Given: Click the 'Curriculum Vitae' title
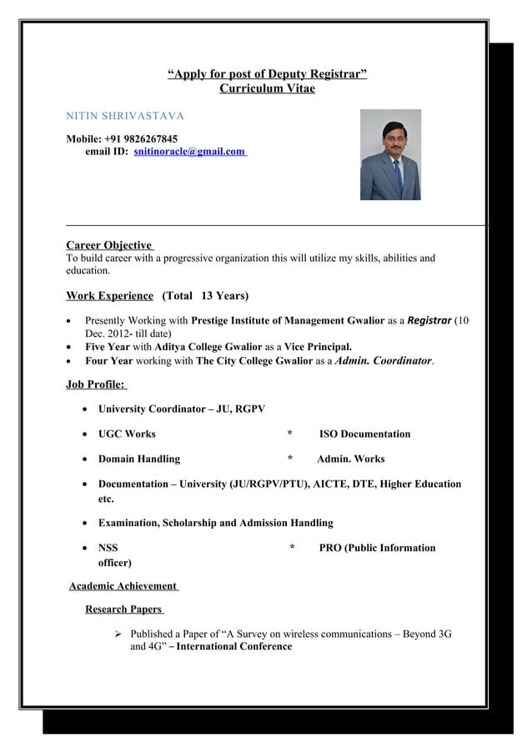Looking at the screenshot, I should [267, 89].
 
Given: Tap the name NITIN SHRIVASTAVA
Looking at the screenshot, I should [125, 114].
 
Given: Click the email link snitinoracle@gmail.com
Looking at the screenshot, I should [189, 152].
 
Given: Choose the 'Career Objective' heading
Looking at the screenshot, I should [108, 245].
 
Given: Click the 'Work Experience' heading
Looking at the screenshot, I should [109, 296].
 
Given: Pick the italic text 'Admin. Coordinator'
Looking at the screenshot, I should [383, 360].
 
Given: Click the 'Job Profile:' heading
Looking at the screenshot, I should [95, 384].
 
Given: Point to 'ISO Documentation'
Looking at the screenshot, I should [364, 434].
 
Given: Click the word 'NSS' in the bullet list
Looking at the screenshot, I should [108, 548].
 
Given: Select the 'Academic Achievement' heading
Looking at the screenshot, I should [123, 586].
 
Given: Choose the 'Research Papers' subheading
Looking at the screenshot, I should [124, 610].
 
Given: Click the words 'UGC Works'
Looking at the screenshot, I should [127, 434].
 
